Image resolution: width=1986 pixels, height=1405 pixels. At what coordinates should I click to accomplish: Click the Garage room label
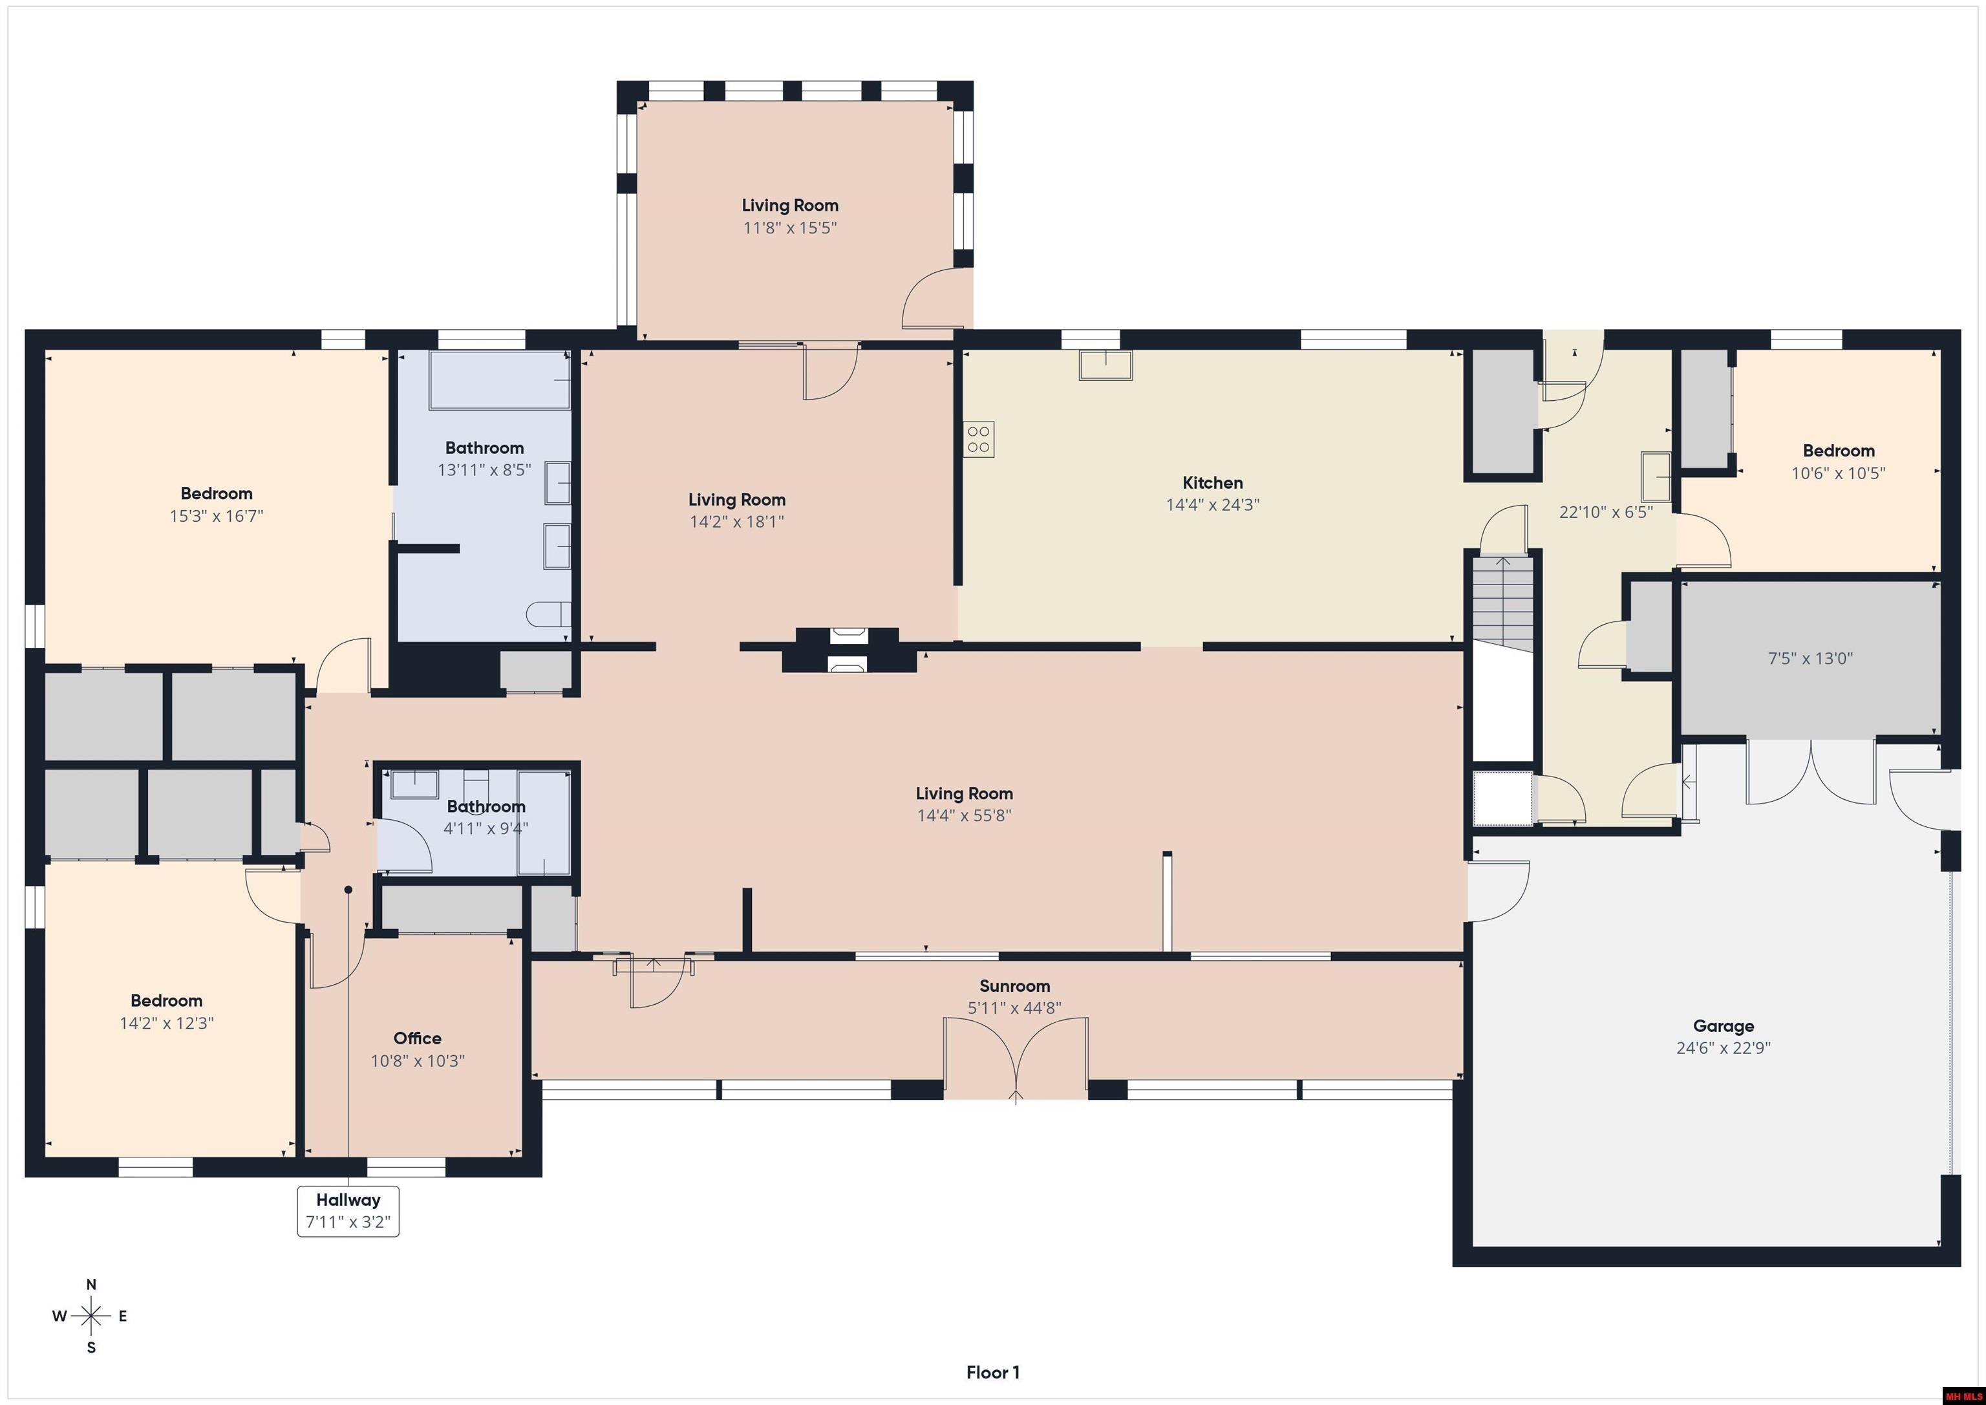point(1723,1026)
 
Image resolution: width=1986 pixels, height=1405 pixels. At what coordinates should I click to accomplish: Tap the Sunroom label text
point(1014,986)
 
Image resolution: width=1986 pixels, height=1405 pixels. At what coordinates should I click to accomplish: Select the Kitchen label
point(1212,483)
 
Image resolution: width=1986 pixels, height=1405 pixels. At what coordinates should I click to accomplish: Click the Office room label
point(417,1038)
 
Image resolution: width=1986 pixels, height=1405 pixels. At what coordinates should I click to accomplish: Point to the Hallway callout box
point(348,1211)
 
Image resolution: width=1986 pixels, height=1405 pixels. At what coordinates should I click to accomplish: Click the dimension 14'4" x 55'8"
point(964,815)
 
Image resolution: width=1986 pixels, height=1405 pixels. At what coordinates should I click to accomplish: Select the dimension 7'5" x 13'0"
point(1810,658)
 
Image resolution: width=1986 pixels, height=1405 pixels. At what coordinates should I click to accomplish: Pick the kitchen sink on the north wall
point(1105,365)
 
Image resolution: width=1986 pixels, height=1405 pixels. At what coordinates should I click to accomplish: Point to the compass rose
point(91,1316)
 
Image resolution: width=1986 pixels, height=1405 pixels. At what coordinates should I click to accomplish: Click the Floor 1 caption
point(992,1372)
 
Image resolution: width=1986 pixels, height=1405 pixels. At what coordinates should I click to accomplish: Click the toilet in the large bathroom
point(548,614)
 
